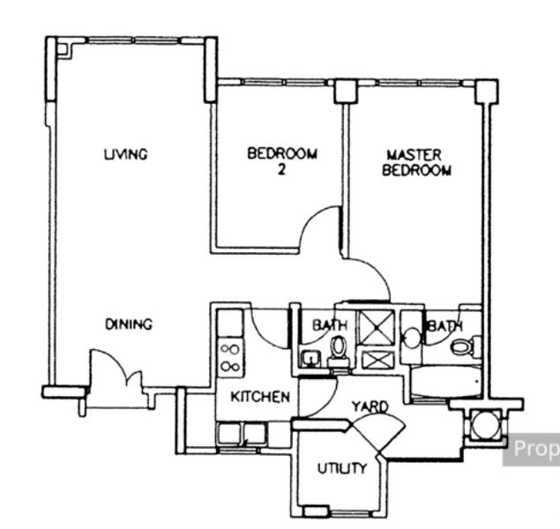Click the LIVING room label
126,154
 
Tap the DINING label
129,324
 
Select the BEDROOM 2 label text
282,161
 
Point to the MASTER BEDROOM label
416,163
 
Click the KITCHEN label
260,397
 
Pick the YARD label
370,406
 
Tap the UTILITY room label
342,468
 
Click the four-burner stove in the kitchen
231,358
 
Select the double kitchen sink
243,433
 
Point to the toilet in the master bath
463,346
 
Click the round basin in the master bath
412,338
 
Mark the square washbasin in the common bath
310,359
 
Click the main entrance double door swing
116,368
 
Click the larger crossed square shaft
377,328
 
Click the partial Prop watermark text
536,449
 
